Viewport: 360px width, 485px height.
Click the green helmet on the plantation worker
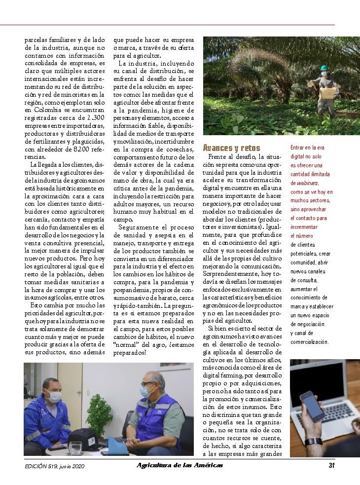pyautogui.click(x=324, y=68)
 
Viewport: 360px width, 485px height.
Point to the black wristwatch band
pyautogui.click(x=313, y=441)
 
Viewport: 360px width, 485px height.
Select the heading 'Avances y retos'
pyautogui.click(x=231, y=148)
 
